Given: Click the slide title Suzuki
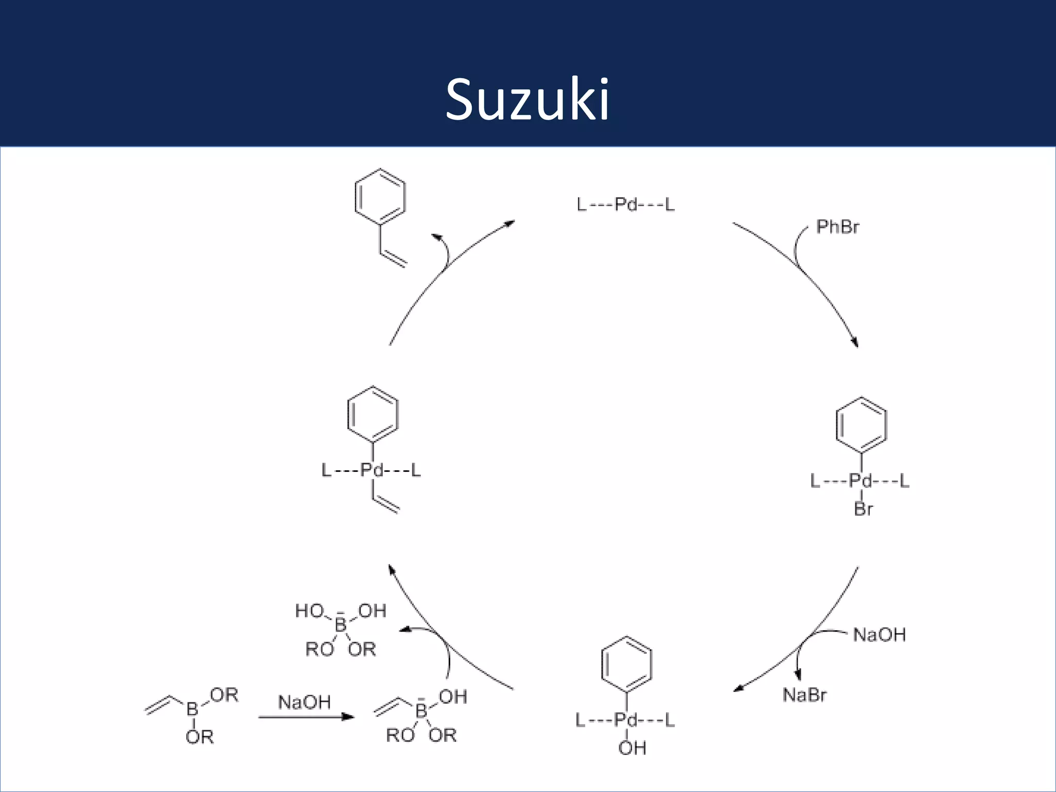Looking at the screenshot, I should coord(527,100).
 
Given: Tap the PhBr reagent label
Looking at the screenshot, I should coord(837,227).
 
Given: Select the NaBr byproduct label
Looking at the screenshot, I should coord(804,695).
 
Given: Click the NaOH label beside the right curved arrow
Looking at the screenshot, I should coord(879,635).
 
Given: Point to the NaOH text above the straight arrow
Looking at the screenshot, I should coord(304,702).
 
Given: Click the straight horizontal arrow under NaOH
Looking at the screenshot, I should coord(306,717).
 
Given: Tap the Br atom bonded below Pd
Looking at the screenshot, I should coord(863,509).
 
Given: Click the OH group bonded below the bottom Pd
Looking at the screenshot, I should coord(632,748).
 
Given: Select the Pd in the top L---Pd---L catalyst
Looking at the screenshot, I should coord(626,205).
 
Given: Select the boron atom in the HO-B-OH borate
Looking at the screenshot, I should coord(341,625).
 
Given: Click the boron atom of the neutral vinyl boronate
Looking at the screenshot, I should coord(192,709).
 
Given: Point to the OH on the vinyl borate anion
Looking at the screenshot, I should coord(453,697).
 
